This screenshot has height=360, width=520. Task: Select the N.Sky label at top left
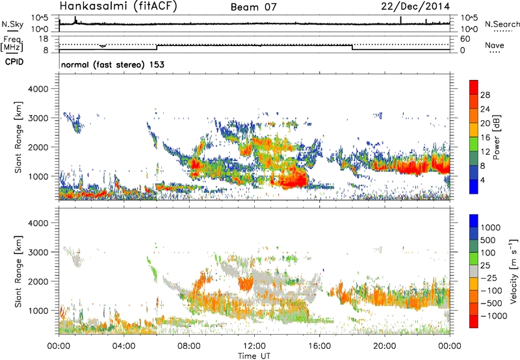pos(11,25)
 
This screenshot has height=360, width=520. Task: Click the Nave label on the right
pos(496,45)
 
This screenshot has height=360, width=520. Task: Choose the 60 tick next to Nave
pos(465,39)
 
